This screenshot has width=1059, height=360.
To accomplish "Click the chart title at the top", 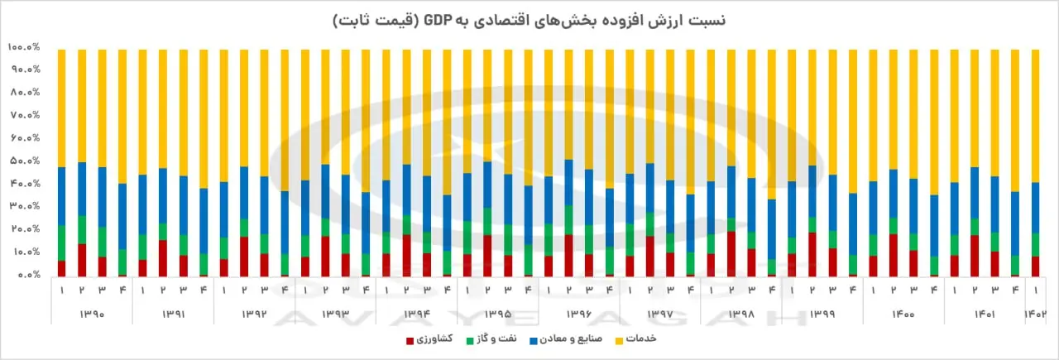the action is tap(529, 21).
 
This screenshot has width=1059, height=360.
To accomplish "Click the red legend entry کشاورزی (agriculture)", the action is tap(429, 338).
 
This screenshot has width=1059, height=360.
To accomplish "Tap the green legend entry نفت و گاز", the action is tap(491, 338).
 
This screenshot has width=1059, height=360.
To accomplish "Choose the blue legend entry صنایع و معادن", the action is tap(566, 338).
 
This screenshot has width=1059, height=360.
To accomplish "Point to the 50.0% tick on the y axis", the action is tap(25, 161).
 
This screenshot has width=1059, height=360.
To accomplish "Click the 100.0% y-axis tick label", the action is tap(24, 47).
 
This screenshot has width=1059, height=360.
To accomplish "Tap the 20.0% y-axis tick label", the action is tap(25, 229).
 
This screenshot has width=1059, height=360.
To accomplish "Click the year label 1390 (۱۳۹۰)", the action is tap(92, 314).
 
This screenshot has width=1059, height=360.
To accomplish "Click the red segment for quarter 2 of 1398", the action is tap(731, 254).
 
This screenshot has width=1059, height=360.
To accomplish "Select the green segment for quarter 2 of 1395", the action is tap(487, 222).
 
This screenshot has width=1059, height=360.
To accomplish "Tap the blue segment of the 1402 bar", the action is tap(1035, 208).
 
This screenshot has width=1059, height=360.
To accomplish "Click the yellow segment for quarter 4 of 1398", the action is tap(772, 124).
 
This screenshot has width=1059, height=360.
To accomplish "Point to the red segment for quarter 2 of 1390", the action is tap(82, 260).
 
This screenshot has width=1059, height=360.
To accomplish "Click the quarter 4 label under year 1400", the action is tap(934, 290).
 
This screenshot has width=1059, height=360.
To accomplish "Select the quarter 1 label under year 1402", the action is tap(1035, 290).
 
